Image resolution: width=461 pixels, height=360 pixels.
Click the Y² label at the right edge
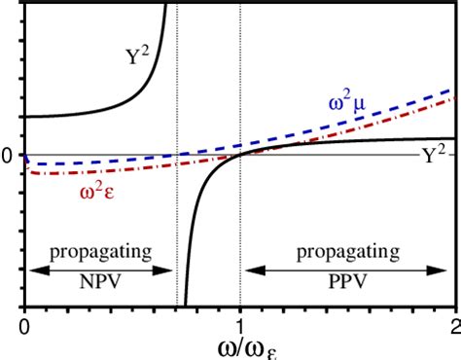point(434,156)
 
